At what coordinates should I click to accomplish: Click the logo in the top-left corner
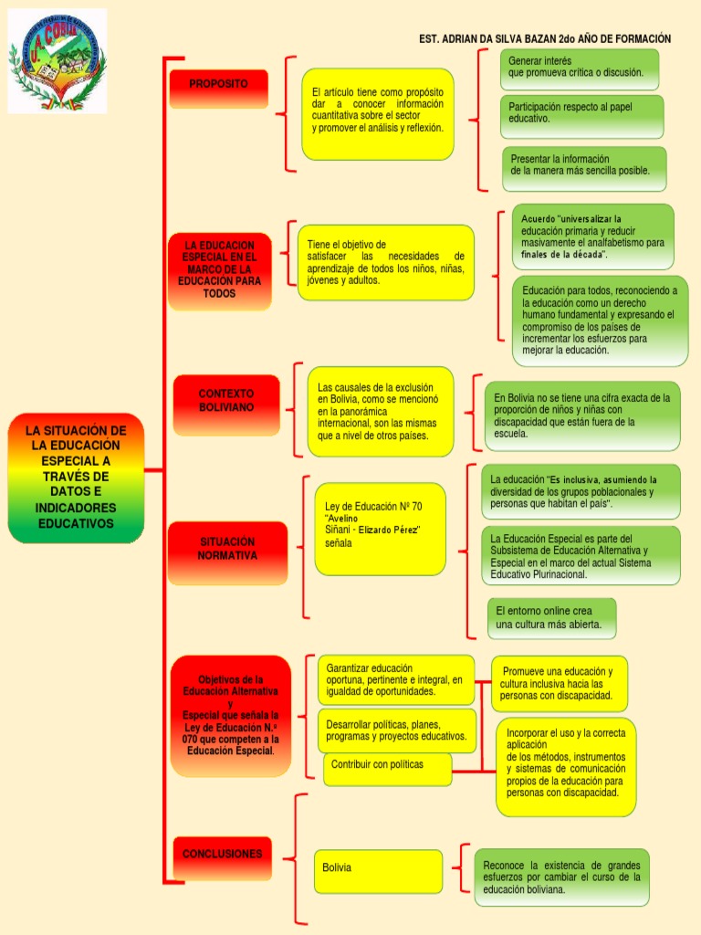pyautogui.click(x=57, y=60)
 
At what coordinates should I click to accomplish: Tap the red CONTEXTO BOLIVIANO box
pyautogui.click(x=226, y=401)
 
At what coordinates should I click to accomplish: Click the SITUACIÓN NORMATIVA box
pyautogui.click(x=227, y=549)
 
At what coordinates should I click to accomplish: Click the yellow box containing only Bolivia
pyautogui.click(x=378, y=870)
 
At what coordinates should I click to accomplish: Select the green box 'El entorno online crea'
pyautogui.click(x=551, y=618)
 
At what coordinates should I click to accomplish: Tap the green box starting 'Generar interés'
pyautogui.click(x=579, y=68)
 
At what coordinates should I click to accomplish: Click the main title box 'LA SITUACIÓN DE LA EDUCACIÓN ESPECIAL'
pyautogui.click(x=76, y=478)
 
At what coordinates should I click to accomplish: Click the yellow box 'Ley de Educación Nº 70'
pyautogui.click(x=380, y=529)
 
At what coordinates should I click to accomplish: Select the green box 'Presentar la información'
pyautogui.click(x=583, y=167)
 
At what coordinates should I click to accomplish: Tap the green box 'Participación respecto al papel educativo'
pyautogui.click(x=581, y=115)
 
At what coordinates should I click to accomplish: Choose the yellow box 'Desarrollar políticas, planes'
pyautogui.click(x=396, y=730)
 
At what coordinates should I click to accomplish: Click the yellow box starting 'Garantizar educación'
pyautogui.click(x=394, y=680)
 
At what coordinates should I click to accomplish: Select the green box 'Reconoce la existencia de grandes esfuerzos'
pyautogui.click(x=561, y=877)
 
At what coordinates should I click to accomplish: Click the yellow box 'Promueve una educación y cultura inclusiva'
pyautogui.click(x=559, y=684)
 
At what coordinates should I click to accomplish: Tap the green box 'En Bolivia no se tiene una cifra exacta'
pyautogui.click(x=581, y=416)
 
